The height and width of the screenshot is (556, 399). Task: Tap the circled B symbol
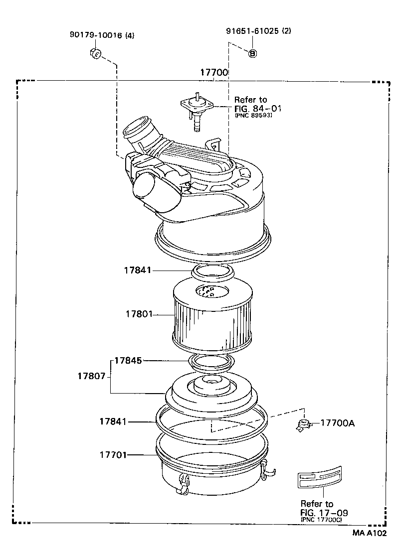tap(252, 53)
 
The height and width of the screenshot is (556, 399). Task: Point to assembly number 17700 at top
tap(214, 73)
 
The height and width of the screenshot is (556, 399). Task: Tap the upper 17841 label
tap(138, 270)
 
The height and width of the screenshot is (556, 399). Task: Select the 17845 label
tap(128, 360)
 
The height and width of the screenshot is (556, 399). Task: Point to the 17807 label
tap(91, 376)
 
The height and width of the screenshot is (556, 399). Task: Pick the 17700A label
tap(337, 423)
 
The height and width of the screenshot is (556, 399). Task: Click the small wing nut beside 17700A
tap(302, 425)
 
